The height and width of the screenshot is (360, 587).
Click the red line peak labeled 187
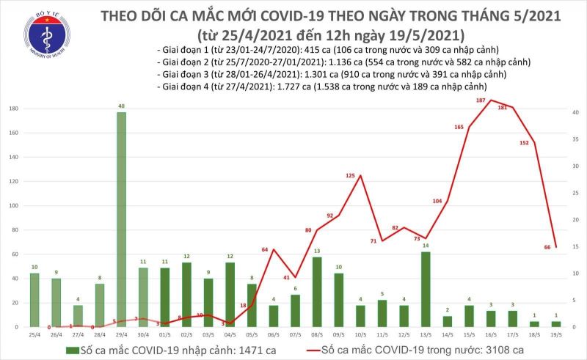coord(489,100)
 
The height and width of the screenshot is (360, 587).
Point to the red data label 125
coord(350,176)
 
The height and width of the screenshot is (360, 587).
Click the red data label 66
coord(547,247)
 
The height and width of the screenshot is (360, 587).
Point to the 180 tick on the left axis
coord(12,109)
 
